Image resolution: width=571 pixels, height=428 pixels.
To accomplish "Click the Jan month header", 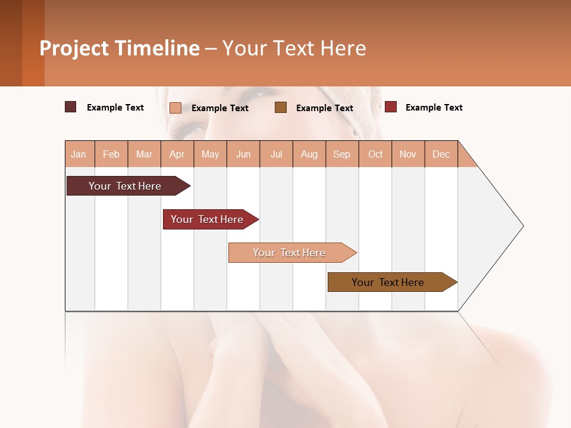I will [x=79, y=154].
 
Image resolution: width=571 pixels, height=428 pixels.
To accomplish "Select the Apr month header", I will [x=177, y=154].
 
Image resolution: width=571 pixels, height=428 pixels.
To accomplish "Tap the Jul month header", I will [x=276, y=154].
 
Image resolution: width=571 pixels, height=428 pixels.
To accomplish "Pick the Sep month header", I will [x=341, y=154].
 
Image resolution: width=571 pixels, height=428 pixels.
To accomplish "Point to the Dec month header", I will [x=441, y=154].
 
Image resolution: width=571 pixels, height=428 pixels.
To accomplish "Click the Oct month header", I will [x=375, y=154].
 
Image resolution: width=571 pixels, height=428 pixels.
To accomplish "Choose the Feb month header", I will [x=111, y=154].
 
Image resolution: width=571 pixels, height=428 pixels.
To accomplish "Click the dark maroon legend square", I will [x=71, y=107].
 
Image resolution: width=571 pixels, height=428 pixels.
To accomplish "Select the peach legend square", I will [x=175, y=108].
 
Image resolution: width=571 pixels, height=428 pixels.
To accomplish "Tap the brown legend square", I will [x=281, y=107].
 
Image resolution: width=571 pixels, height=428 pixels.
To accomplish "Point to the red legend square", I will [x=391, y=107].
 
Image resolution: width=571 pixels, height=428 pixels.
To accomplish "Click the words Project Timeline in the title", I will [x=120, y=48].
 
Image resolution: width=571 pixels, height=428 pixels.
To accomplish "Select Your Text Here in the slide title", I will [x=294, y=48].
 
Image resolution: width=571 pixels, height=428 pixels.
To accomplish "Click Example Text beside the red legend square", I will [x=434, y=108].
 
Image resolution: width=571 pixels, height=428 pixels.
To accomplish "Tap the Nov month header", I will [x=408, y=154].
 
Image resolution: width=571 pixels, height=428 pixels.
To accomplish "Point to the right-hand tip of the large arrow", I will [x=522, y=226].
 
